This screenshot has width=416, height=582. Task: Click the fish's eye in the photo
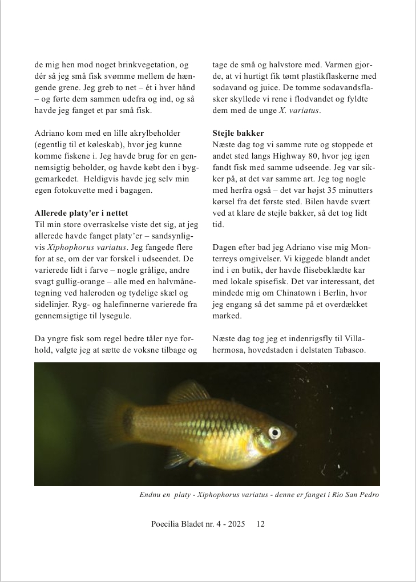pos(274,432)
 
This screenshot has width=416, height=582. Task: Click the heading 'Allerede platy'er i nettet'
pos(81,213)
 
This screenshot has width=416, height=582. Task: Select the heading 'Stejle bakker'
pos(238,134)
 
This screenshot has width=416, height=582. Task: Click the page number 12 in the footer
pos(260,524)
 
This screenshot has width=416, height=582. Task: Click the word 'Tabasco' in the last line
pos(348,350)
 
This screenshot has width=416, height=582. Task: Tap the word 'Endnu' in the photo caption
pos(150,495)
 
